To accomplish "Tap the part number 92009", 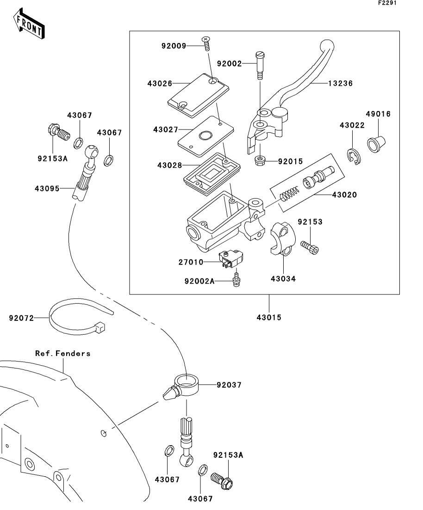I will click(174, 46).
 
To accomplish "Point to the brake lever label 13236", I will click(341, 84).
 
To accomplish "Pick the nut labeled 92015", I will click(261, 161).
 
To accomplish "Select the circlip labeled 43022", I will click(355, 156).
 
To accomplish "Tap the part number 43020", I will click(344, 195).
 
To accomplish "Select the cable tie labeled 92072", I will click(74, 319).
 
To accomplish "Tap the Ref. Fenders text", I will click(63, 353).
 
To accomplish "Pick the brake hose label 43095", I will click(47, 188).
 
